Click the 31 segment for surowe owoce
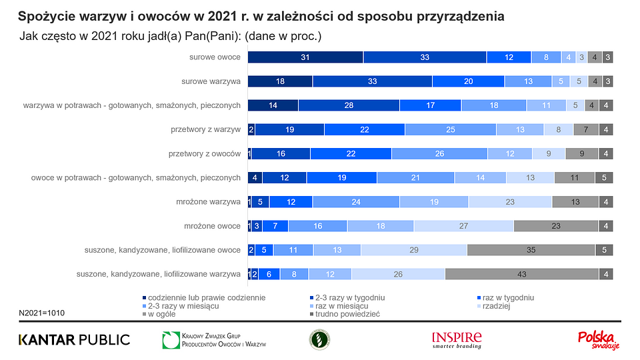(305, 57)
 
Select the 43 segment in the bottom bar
(521, 273)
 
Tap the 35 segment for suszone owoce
(531, 250)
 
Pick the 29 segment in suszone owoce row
(414, 250)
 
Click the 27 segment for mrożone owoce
(463, 226)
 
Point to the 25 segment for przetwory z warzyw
(450, 130)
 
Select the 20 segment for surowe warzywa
(468, 81)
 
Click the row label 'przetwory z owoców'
(205, 154)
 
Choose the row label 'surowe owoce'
(215, 57)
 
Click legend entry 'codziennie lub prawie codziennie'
(206, 297)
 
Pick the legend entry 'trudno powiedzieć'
(347, 314)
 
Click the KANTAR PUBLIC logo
(74, 339)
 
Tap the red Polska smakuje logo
(599, 339)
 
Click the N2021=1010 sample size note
(42, 312)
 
